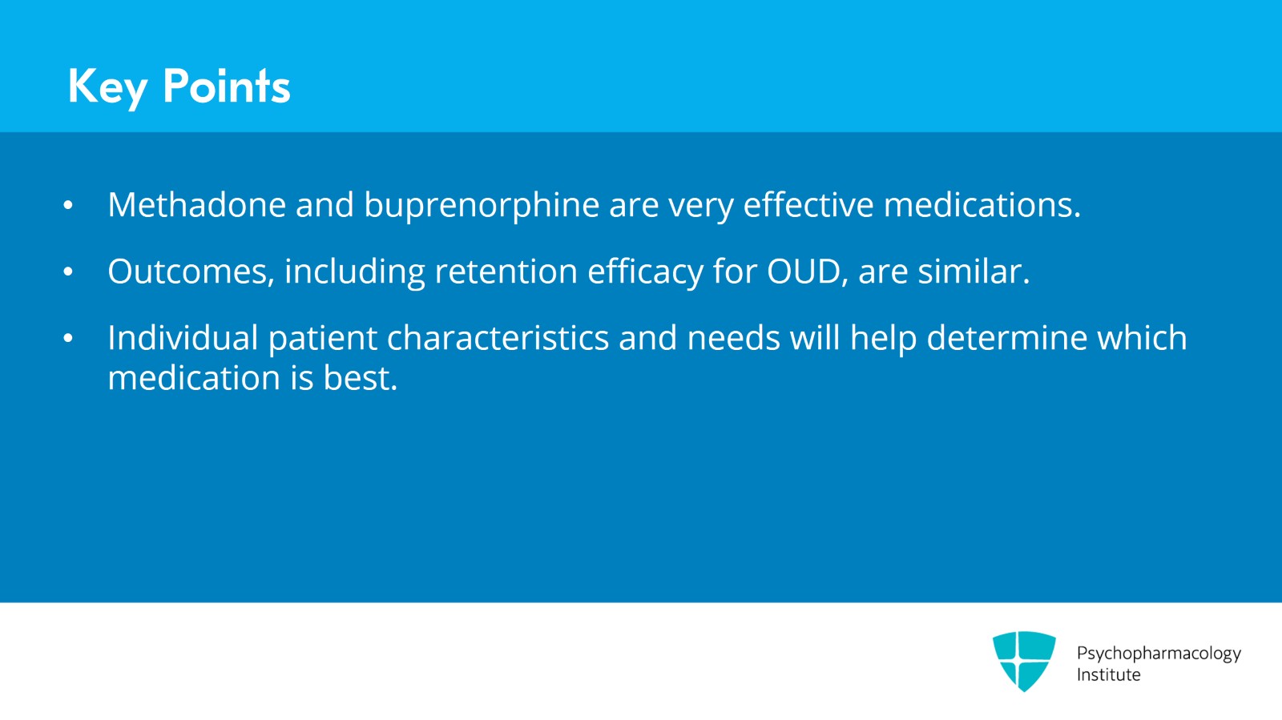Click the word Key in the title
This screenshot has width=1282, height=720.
107,86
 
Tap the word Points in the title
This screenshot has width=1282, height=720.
226,86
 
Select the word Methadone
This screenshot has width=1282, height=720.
196,205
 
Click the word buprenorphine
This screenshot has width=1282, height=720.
482,206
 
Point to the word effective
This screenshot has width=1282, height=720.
808,205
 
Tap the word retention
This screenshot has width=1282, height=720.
506,272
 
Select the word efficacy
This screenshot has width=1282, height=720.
645,272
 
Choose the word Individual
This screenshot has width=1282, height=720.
183,338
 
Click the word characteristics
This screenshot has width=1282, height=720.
498,338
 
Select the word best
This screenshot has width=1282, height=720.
360,378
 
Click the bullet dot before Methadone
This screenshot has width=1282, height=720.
68,206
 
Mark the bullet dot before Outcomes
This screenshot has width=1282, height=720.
68,272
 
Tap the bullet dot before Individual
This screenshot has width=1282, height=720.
68,339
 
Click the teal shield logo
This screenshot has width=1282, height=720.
1023,660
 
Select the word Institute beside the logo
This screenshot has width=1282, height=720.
1108,674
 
